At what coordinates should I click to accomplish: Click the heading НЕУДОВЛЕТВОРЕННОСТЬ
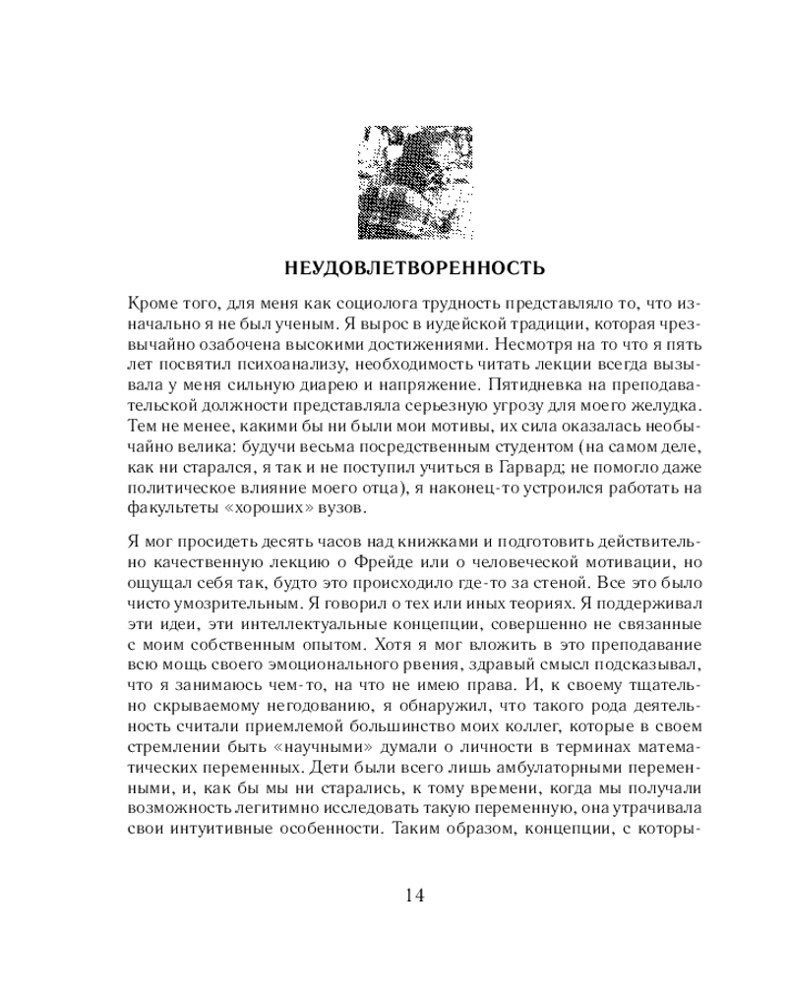pos(413,266)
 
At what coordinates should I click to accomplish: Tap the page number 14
pos(413,896)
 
